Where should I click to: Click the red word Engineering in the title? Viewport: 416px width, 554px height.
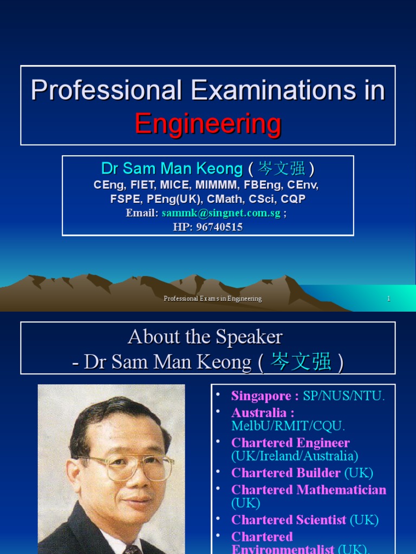click(208, 123)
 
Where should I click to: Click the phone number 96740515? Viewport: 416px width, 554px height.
click(220, 227)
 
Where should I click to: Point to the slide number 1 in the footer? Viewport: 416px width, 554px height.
click(388, 299)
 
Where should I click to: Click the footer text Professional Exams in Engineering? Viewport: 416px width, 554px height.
click(213, 299)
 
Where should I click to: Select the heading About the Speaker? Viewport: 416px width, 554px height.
click(205, 337)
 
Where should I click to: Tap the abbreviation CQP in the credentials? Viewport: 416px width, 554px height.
click(293, 199)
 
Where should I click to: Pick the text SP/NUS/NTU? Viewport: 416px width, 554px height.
click(344, 396)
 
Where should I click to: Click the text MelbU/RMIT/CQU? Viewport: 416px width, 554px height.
click(288, 426)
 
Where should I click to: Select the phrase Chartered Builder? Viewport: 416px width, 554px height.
click(286, 473)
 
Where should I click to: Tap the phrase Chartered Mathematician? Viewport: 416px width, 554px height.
click(309, 490)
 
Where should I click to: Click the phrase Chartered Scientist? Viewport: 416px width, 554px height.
click(289, 520)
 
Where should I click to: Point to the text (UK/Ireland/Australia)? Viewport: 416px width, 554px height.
click(295, 456)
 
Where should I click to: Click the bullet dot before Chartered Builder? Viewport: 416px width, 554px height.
click(218, 471)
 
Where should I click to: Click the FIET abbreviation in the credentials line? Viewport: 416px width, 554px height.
click(143, 185)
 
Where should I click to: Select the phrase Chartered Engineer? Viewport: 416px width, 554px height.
click(290, 443)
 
